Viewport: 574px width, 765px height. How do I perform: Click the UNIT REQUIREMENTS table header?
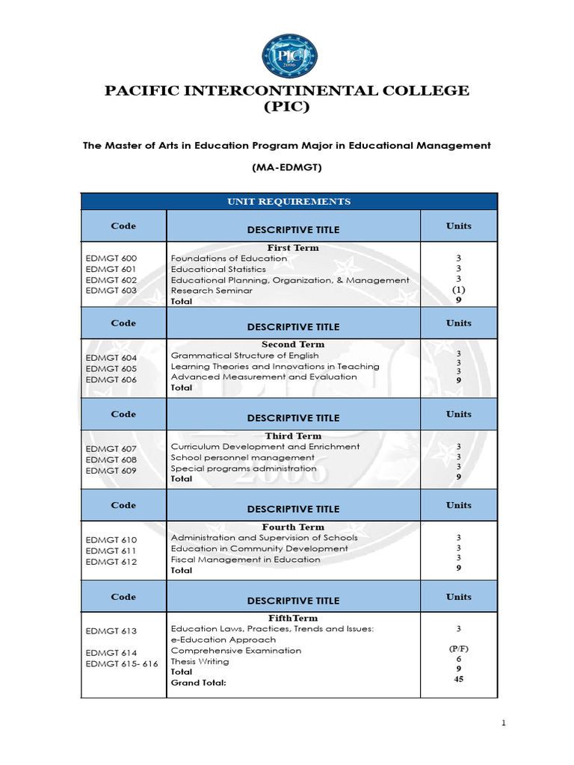point(288,202)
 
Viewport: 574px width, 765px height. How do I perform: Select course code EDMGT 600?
point(111,258)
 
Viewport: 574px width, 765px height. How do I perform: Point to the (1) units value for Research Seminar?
point(458,290)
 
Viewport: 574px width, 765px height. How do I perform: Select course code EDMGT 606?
point(111,380)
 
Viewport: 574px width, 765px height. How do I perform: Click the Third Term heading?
point(293,436)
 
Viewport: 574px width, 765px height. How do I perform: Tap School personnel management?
point(242,457)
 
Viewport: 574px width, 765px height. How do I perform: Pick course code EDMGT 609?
point(111,471)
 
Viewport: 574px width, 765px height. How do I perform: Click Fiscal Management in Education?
point(245,559)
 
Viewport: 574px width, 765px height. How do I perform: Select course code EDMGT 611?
point(111,551)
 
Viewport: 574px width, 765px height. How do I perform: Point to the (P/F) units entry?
point(458,649)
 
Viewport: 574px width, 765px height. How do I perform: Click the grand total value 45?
point(458,680)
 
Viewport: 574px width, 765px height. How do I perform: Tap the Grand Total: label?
point(198,682)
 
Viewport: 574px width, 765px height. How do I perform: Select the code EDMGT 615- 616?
point(122,663)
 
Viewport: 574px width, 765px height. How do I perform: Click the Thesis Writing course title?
point(200,661)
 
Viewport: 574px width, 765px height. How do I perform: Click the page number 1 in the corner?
point(504,723)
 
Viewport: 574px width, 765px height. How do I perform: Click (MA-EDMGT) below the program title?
point(287,168)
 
